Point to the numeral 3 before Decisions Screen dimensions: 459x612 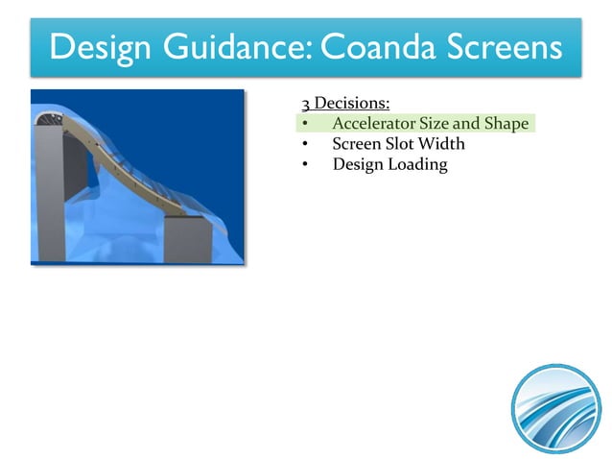(x=305, y=104)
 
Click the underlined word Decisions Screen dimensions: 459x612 (x=352, y=104)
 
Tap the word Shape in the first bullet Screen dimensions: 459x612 (x=506, y=124)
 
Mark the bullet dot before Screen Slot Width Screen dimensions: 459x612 (x=304, y=145)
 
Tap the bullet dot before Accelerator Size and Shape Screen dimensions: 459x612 (x=304, y=125)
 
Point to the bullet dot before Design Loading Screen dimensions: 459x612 (x=304, y=165)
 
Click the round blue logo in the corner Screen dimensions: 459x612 (x=555, y=408)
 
